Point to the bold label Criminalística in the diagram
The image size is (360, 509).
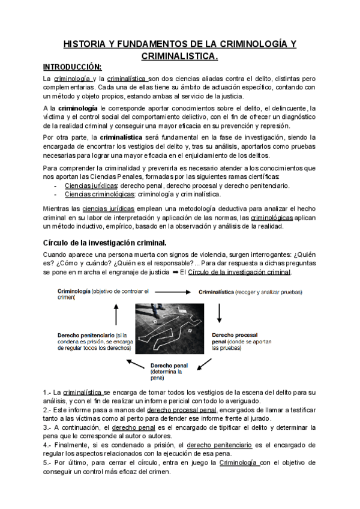coord(217,292)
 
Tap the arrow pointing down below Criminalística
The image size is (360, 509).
coord(220,312)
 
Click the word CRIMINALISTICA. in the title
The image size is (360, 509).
coord(180,56)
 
